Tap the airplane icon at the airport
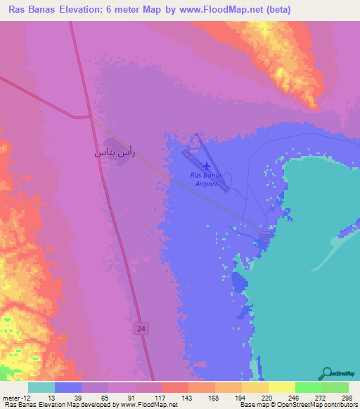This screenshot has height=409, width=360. (205, 167)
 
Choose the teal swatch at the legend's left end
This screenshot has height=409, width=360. (41, 387)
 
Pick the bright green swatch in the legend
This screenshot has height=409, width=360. (308, 387)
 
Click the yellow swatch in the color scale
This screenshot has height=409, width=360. (281, 387)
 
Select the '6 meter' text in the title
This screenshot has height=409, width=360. (138, 10)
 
